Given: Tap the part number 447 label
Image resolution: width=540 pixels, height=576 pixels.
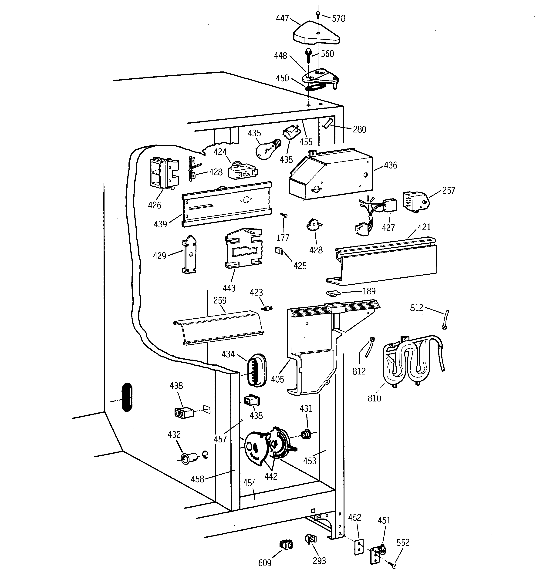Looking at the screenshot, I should click(282, 19).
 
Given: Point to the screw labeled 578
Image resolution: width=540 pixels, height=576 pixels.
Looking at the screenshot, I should click(318, 14).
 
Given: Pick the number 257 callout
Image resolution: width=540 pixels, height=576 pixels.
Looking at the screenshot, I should click(448, 190).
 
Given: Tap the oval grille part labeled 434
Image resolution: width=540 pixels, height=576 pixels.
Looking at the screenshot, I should click(256, 370).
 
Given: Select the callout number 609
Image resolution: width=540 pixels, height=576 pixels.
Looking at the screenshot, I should click(265, 563).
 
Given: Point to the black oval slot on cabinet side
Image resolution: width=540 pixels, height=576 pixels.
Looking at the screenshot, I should click(127, 397).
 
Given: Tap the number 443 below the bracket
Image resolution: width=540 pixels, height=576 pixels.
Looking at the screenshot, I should click(229, 288).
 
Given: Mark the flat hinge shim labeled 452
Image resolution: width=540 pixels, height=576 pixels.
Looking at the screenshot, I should click(359, 546).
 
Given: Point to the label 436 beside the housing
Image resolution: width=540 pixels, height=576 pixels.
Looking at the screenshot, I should click(390, 165).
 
